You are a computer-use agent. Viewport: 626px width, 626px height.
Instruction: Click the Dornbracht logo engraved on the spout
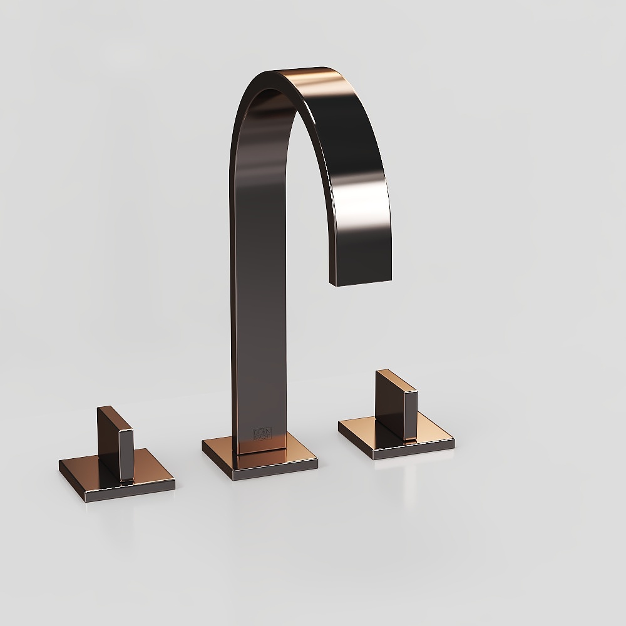click(259, 433)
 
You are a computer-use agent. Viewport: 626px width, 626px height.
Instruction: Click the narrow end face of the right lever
click(411, 416)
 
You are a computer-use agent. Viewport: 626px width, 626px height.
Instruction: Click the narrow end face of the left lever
click(127, 454)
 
